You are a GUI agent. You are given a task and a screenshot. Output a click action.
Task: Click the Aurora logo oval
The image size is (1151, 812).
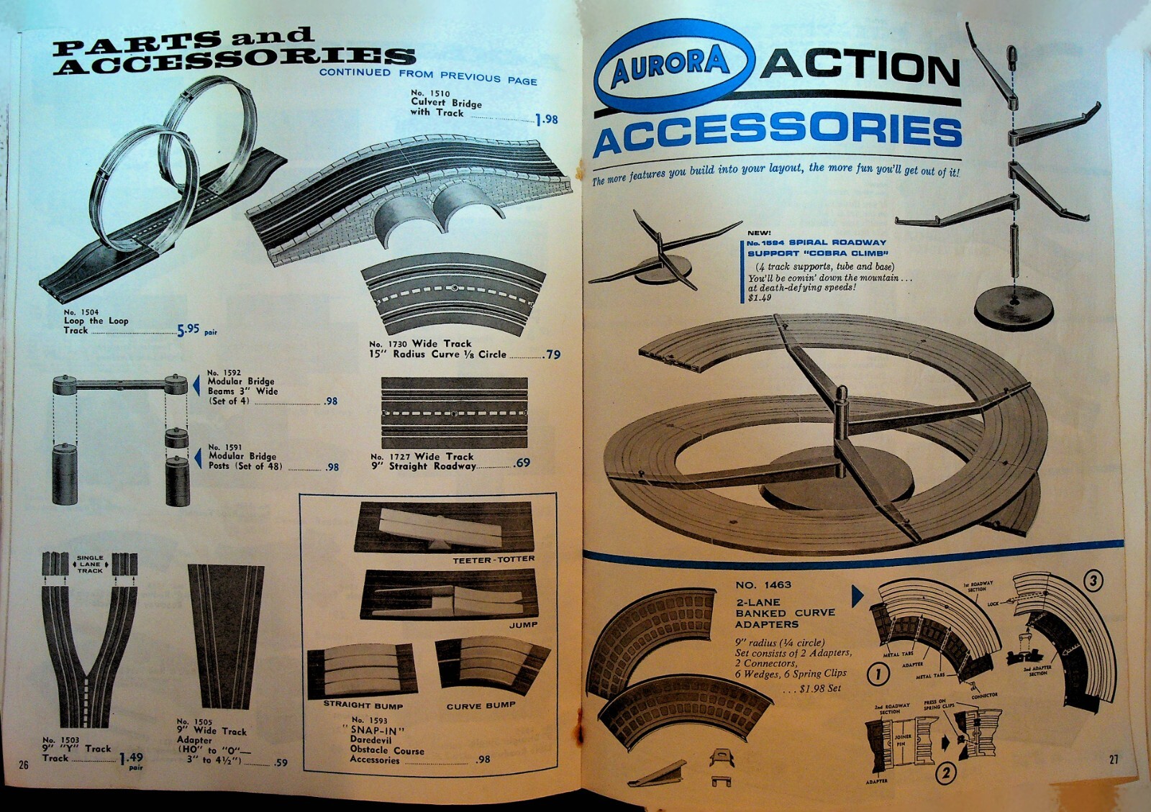pos(673,66)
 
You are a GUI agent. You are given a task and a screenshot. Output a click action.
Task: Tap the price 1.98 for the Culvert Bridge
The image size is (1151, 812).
pos(547,119)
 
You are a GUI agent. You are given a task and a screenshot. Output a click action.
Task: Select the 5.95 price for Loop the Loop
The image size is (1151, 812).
pos(188,329)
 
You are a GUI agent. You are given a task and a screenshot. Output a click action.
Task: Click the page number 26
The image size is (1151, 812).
pos(24,765)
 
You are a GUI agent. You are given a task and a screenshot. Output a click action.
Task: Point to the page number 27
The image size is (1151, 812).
pos(1114,759)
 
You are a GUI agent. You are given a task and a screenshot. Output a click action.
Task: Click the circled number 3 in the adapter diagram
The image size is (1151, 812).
pos(1093,580)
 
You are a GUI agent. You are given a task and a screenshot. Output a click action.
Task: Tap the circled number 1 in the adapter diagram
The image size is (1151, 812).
pos(878,674)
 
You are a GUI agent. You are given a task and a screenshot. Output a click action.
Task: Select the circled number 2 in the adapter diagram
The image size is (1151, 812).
pos(945,773)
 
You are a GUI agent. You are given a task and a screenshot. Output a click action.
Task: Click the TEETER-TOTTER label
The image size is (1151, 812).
pos(493,559)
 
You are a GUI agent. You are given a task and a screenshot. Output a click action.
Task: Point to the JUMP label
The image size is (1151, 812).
pos(523,624)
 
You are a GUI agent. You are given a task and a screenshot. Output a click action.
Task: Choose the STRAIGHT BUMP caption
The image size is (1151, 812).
pos(363,705)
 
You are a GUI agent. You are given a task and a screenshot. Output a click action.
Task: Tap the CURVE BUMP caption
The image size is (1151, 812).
pos(481,706)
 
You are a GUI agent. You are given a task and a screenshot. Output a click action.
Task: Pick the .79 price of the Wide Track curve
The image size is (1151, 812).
pos(552,354)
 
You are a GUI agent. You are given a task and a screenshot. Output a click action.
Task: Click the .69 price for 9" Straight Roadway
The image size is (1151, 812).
pos(522,462)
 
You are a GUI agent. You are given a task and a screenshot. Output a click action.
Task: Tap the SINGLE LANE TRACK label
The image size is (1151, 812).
pos(90,564)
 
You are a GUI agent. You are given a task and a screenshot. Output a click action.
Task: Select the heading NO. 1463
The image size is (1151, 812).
pos(763,585)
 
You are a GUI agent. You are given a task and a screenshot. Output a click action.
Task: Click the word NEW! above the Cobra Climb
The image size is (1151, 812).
pos(759,233)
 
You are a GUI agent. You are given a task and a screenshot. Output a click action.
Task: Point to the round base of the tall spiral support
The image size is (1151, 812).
pos(1013,308)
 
